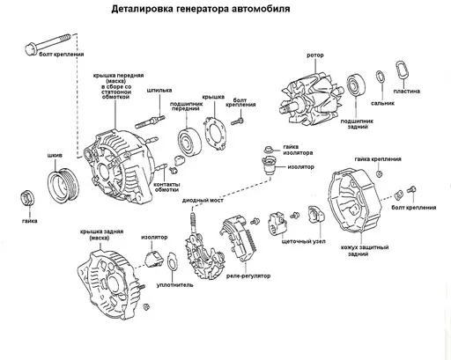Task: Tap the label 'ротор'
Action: pos(315,55)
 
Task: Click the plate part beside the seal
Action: pos(402,72)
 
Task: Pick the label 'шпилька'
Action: pos(159,90)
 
